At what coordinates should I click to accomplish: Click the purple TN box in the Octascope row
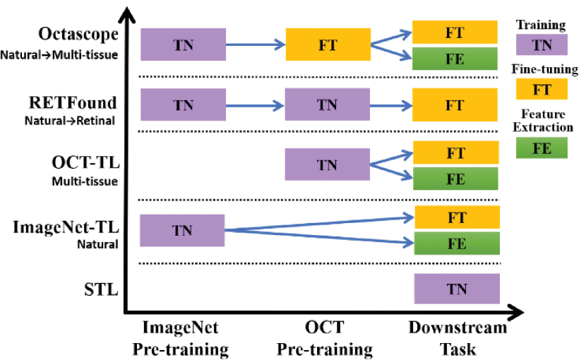pos(183,44)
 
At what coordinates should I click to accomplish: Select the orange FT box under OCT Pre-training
pos(328,44)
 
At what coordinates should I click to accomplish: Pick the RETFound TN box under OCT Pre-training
pos(327,104)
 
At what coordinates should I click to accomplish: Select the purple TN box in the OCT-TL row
pos(327,164)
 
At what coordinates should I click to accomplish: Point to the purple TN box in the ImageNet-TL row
pos(183,230)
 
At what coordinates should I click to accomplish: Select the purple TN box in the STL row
pos(456,288)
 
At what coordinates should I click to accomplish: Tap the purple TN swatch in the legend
pos(542,45)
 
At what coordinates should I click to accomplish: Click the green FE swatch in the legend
pos(542,148)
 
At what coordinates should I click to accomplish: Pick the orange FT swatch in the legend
pos(542,89)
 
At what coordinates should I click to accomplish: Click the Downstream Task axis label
pos(458,338)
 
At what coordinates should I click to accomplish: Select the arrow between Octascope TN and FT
pos(255,44)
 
